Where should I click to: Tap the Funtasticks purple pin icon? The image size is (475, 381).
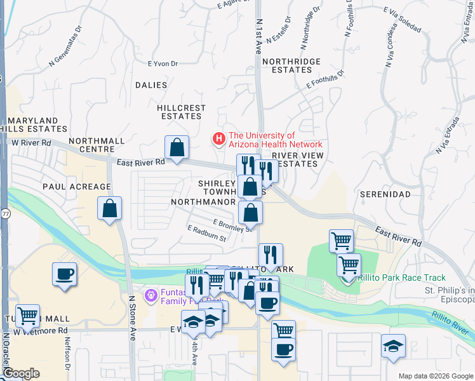tap(150, 295)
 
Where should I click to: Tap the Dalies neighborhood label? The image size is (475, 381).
tap(151, 85)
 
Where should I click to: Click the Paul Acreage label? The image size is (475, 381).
tap(69, 187)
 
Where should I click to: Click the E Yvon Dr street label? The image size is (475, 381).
tap(163, 63)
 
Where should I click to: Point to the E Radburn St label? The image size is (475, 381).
tap(207, 233)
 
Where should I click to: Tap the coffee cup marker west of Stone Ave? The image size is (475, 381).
tap(64, 274)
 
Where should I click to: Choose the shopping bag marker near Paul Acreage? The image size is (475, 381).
tap(110, 208)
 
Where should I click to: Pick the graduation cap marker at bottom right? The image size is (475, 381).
tap(394, 346)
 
